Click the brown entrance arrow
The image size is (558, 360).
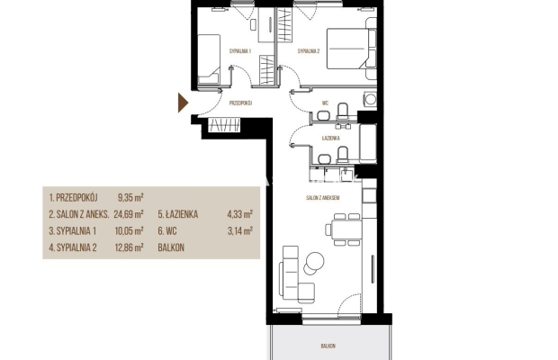coord(183,103)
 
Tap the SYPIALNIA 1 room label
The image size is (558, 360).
coord(240,51)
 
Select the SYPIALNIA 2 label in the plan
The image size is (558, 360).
coord(309,51)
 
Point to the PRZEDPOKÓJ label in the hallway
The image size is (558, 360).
coord(240,103)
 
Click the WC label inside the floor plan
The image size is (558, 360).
coord(325,103)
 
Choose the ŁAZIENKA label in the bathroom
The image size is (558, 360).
coord(331,138)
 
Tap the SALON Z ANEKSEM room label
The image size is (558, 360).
coord(323,197)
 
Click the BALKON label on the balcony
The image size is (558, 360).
coord(328,346)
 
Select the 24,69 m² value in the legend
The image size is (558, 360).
coord(129,214)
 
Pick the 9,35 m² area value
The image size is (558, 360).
coord(130,197)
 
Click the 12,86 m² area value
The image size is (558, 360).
coord(129,247)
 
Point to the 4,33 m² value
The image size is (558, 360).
coord(240,214)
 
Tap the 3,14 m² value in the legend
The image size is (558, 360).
coord(240,231)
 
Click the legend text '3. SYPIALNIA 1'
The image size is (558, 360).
coord(73,231)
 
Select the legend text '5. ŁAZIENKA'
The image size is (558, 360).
coord(178,214)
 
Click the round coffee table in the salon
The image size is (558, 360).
coord(315,262)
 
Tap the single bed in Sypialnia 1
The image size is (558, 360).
coord(209,59)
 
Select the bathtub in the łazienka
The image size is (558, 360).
coord(367,143)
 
